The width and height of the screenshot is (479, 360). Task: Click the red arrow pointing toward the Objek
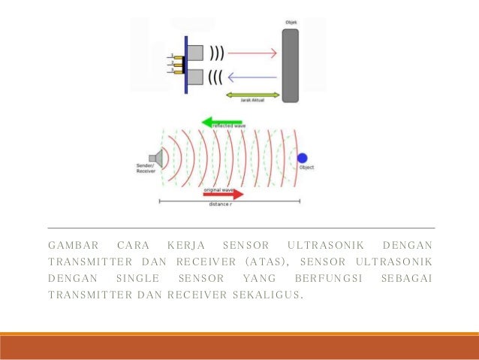point(252,53)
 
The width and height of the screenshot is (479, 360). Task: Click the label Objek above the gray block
point(291,23)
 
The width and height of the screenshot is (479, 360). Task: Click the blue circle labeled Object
point(302,158)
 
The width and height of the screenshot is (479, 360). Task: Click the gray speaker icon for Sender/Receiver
point(158,157)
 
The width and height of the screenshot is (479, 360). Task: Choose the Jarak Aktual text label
point(253,103)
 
